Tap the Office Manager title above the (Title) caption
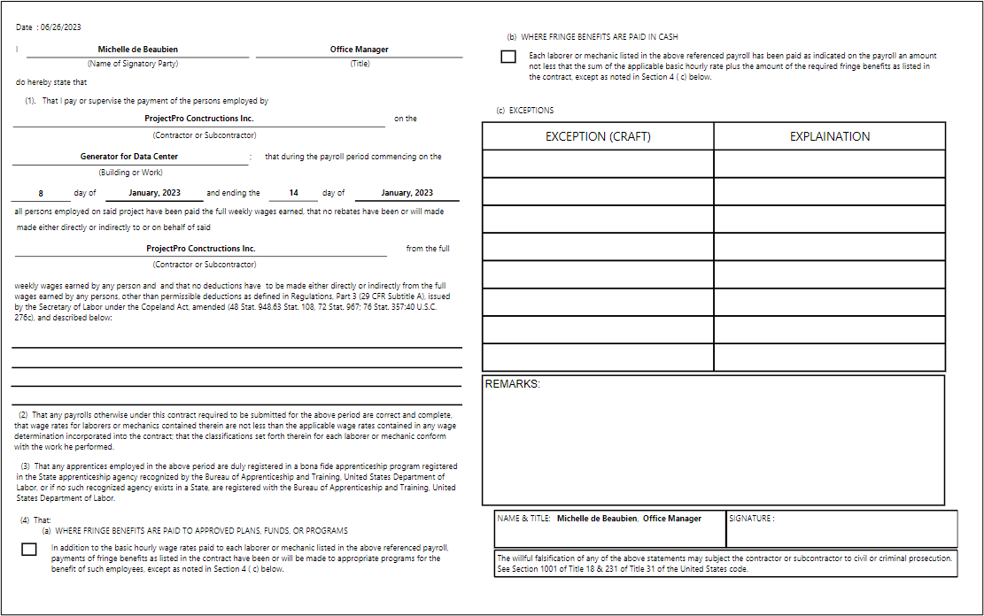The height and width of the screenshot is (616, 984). (359, 50)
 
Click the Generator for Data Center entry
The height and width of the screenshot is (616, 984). (128, 157)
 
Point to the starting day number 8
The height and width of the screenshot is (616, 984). (41, 193)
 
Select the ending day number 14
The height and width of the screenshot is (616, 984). (293, 193)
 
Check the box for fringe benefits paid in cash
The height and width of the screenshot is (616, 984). (507, 58)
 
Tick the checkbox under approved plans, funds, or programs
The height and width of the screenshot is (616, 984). (28, 550)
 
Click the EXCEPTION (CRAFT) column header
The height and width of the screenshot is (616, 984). (598, 136)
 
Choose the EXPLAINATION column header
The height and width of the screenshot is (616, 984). (830, 136)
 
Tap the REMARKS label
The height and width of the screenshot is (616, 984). (512, 384)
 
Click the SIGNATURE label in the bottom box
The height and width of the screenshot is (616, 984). (751, 519)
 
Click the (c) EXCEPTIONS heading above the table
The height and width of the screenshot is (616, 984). (525, 111)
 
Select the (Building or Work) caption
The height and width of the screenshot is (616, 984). (130, 173)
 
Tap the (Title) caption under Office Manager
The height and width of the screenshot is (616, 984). (359, 64)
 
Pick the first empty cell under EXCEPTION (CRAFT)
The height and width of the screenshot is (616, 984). (598, 164)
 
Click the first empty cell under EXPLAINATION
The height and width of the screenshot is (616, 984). (830, 164)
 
